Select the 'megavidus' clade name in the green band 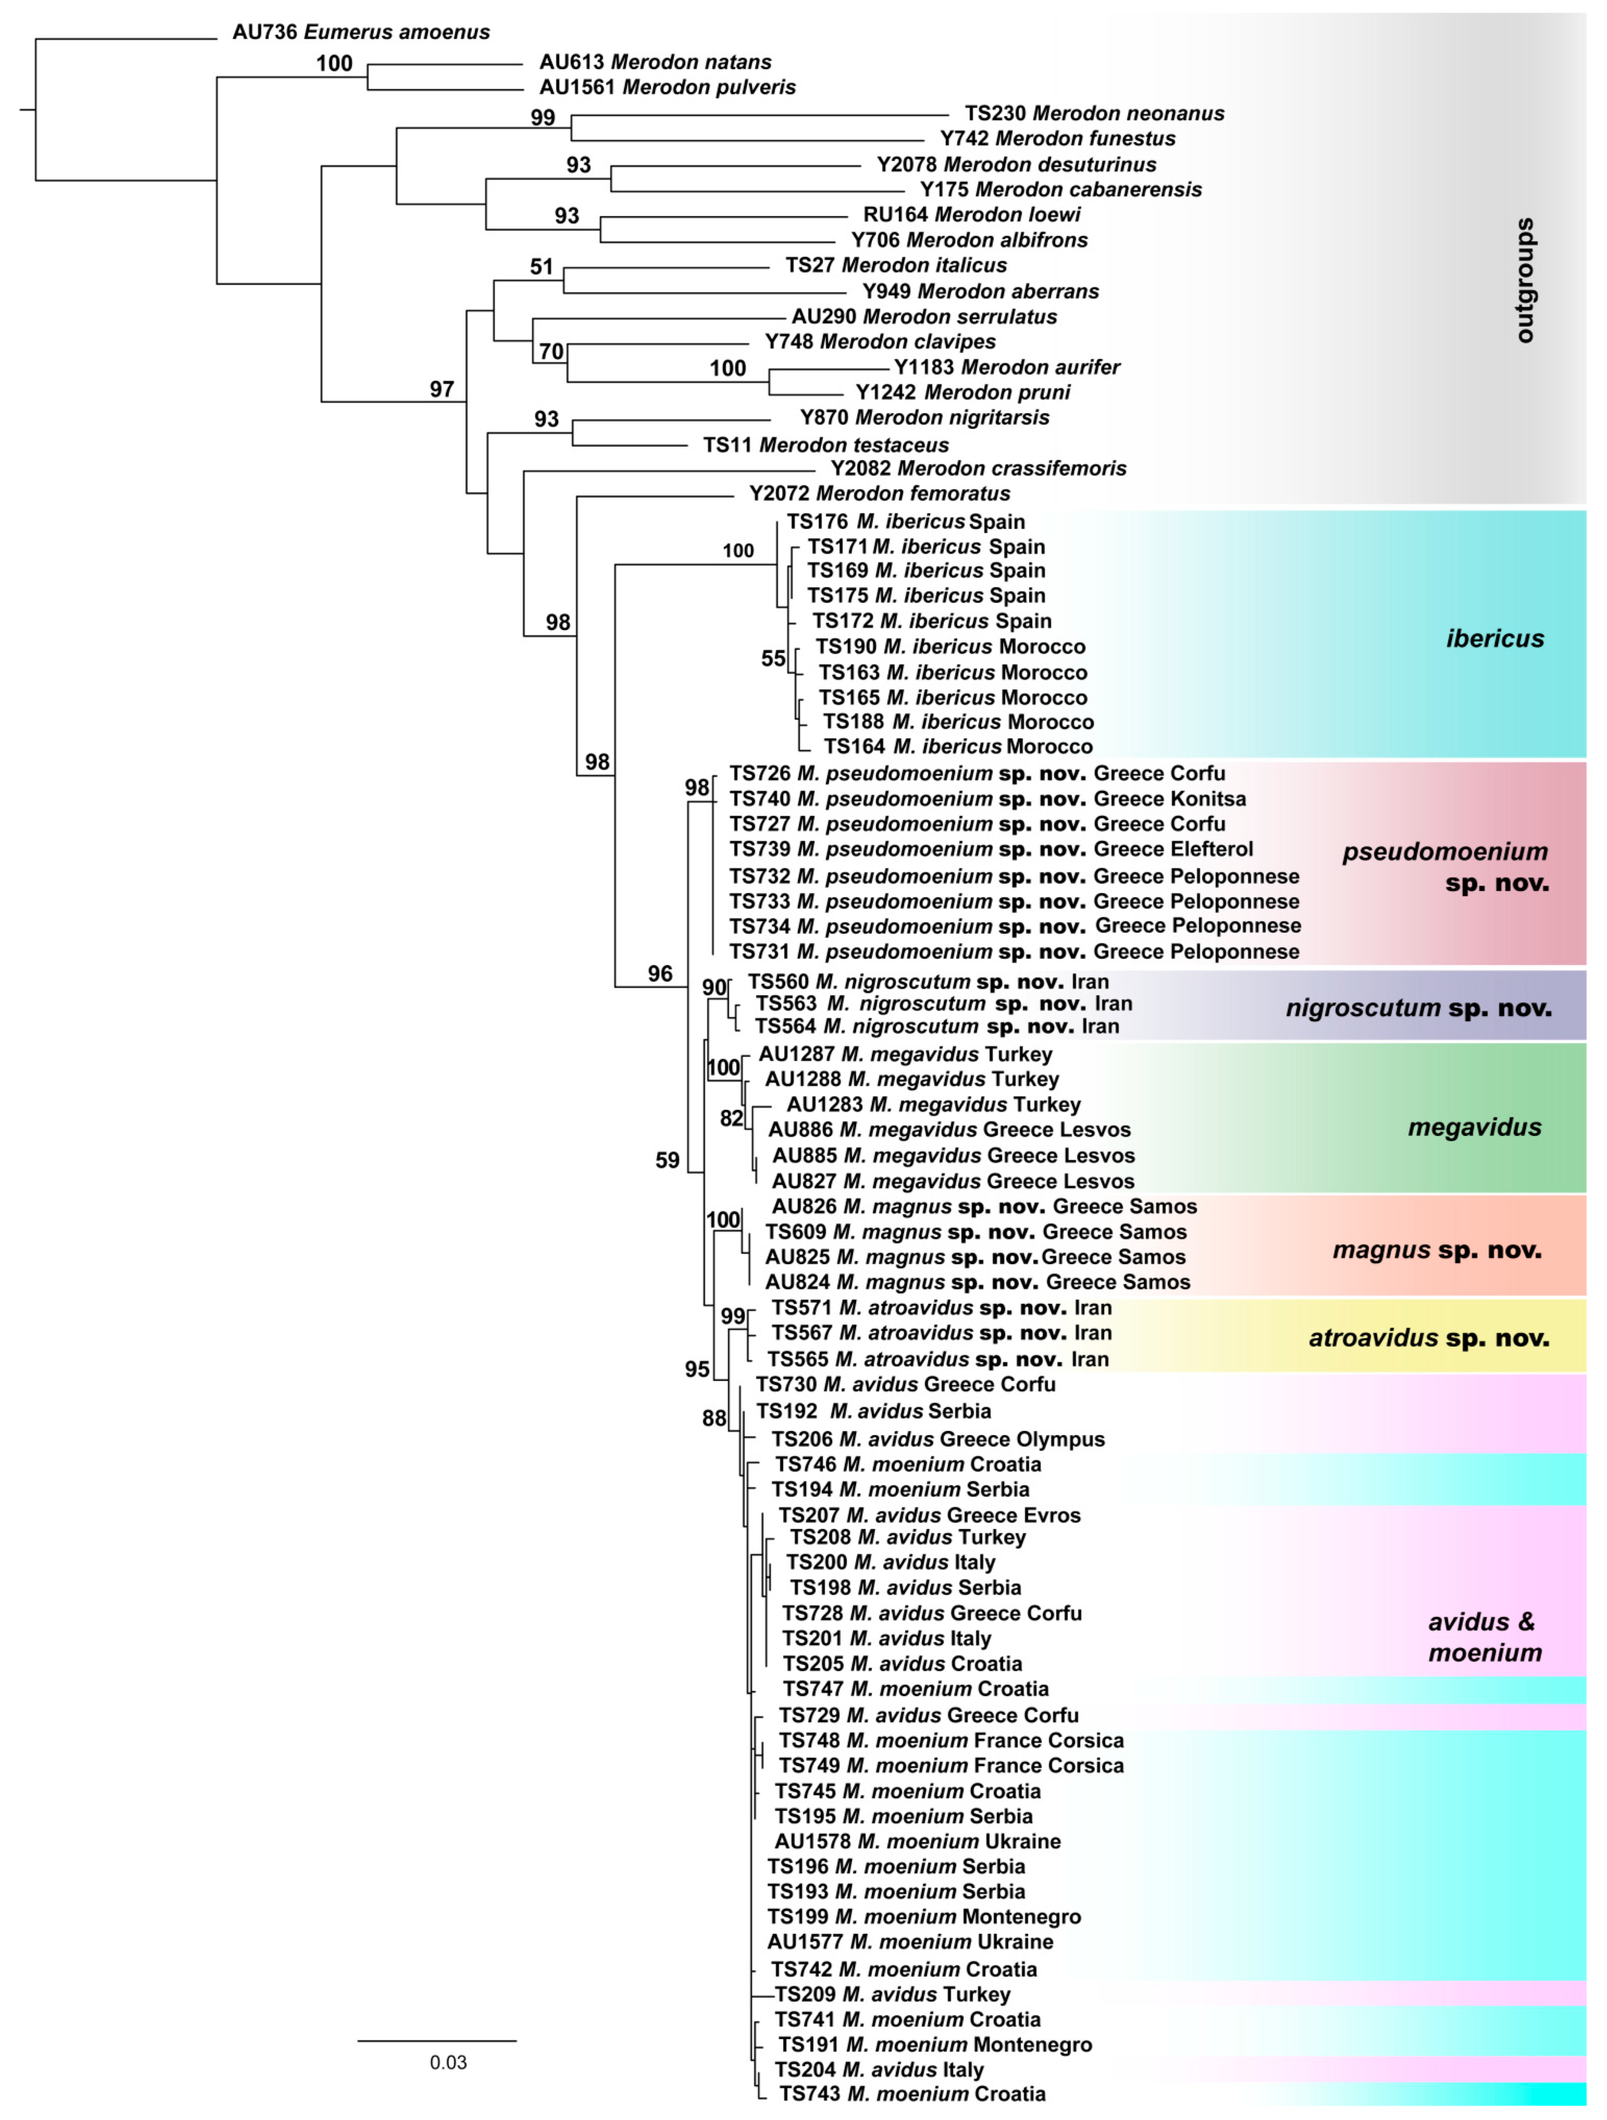(x=1474, y=1127)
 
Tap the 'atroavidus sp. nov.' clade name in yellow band (x=1428, y=1338)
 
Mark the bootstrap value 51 (x=541, y=266)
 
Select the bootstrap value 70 (x=551, y=352)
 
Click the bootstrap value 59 (x=667, y=1161)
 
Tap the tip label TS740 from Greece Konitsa (x=987, y=798)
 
